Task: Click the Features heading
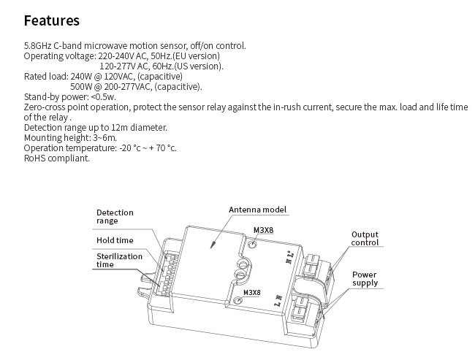coord(51,21)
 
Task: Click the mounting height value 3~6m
coord(104,138)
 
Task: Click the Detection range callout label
coord(115,217)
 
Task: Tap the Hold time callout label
coord(115,240)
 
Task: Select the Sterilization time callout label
coord(119,261)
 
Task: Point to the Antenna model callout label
coord(257,210)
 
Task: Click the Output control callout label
coord(365,239)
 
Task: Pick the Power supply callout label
coord(365,279)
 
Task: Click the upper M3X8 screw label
coord(263,231)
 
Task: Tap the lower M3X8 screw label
coord(251,293)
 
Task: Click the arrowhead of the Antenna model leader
coord(213,245)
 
